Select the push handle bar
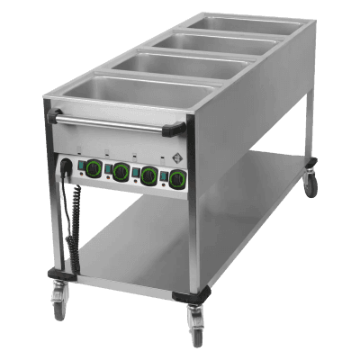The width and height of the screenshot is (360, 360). click(117, 123)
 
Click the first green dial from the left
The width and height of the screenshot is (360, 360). click(94, 166)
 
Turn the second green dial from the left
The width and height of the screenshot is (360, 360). click(119, 171)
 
